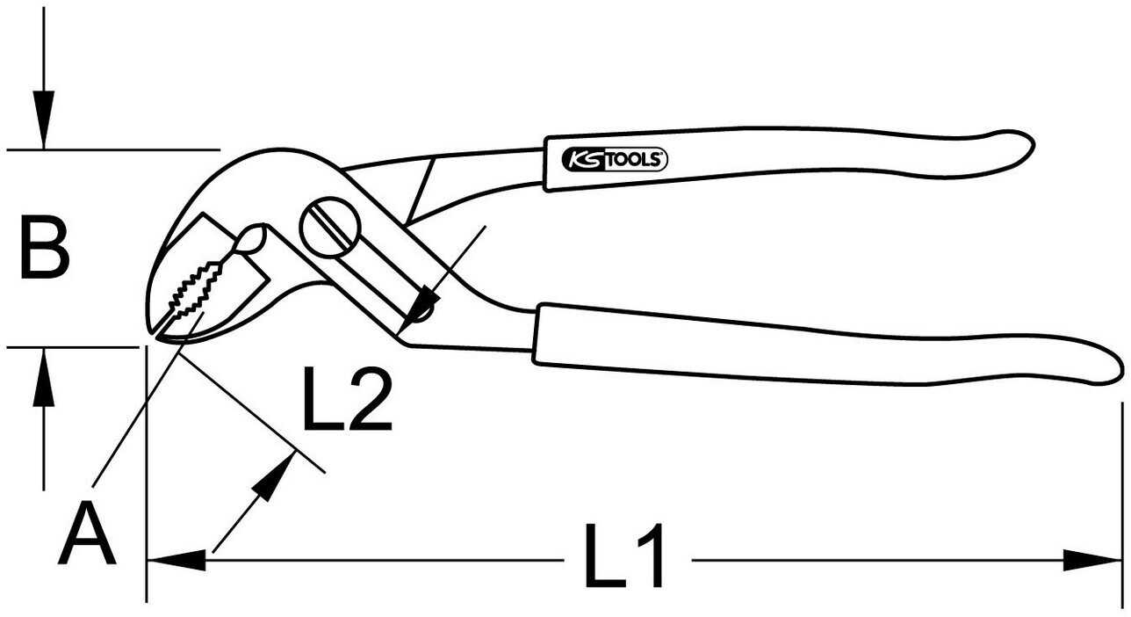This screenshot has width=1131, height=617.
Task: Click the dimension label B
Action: point(45,250)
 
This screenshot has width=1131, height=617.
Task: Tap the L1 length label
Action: point(625,557)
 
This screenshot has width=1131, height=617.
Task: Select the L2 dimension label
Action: point(347,400)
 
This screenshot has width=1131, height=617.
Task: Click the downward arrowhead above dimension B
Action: point(42,120)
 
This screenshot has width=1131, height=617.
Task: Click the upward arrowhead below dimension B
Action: point(39,378)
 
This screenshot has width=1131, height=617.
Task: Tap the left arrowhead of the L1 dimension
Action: point(176,560)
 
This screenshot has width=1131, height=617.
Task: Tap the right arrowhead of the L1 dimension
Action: point(1092,560)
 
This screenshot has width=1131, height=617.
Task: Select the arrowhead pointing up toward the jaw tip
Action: point(276,475)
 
